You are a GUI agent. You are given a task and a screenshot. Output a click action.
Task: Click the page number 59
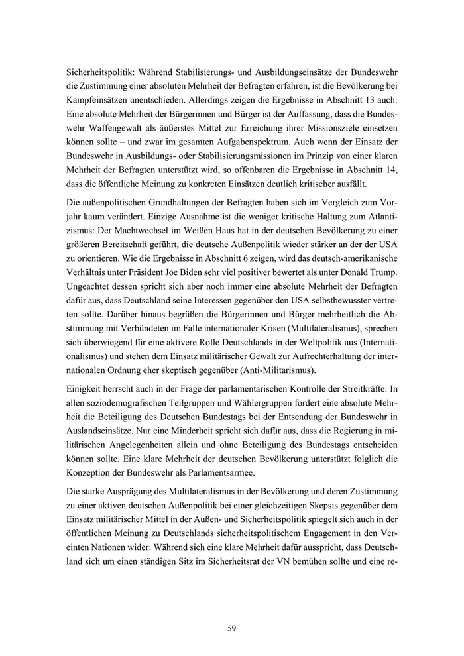click(x=232, y=628)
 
